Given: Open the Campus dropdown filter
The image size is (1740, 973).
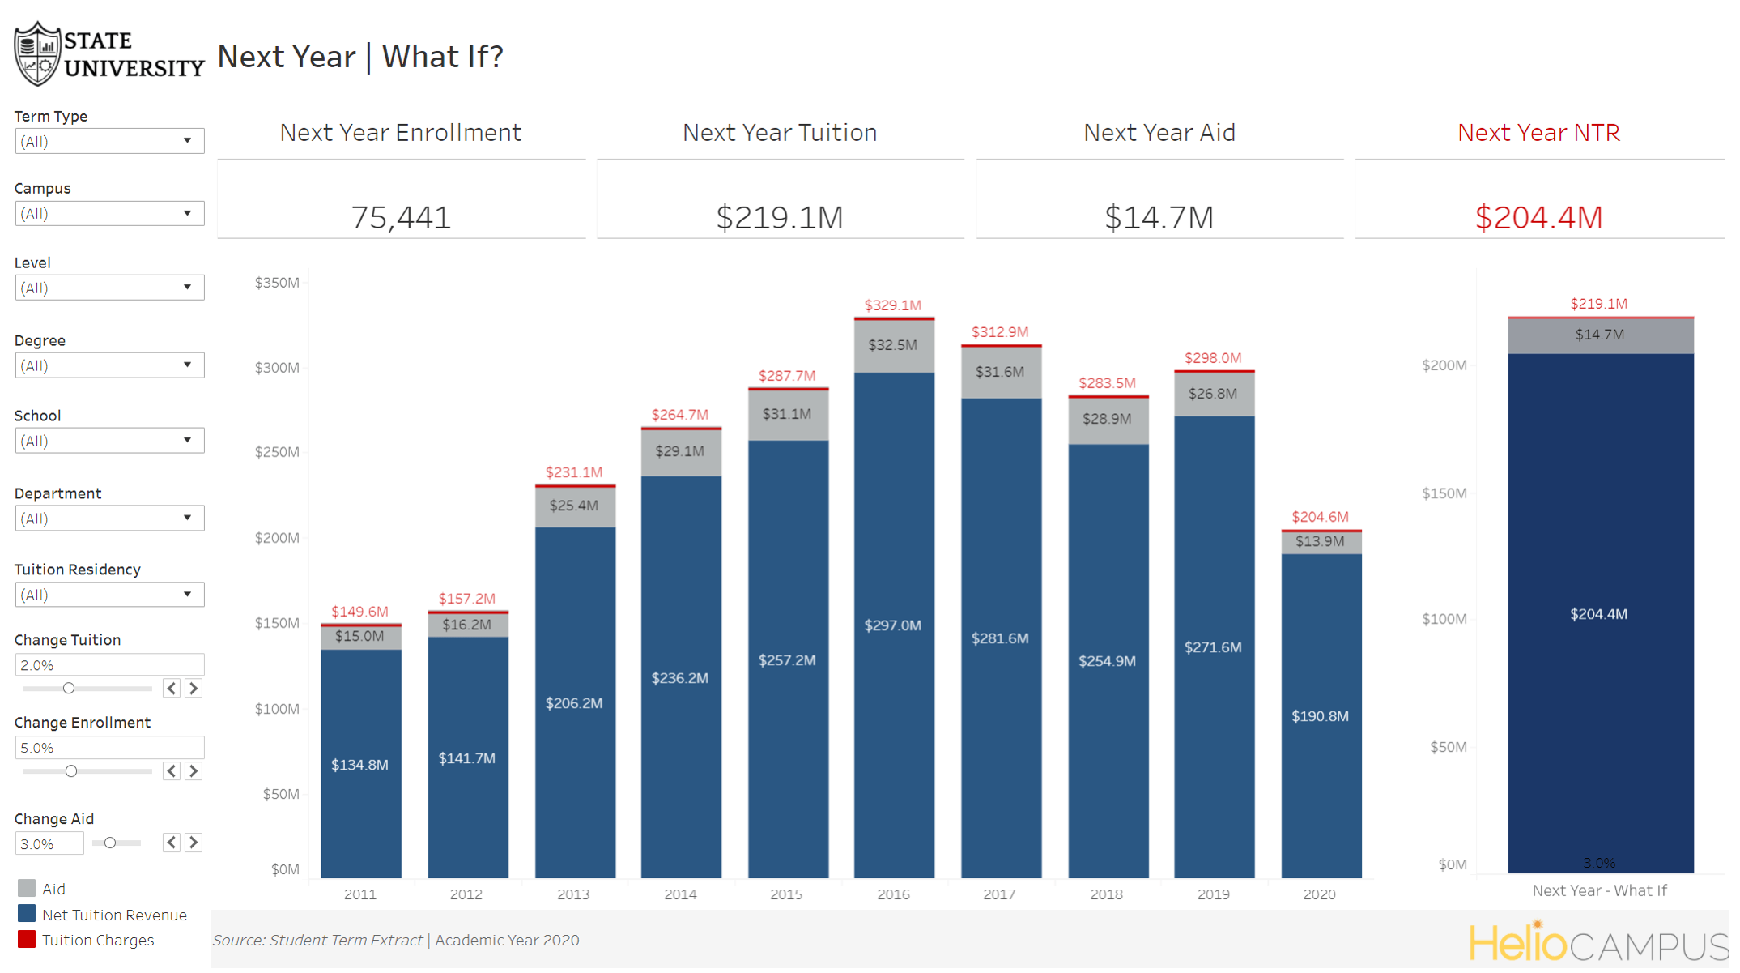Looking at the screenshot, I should click(108, 214).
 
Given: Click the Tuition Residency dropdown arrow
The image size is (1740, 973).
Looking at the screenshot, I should click(187, 595).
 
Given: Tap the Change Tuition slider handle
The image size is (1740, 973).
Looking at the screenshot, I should click(69, 689).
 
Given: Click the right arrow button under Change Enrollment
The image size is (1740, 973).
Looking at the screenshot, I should click(194, 771).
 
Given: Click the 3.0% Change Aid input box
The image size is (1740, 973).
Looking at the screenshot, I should click(49, 844).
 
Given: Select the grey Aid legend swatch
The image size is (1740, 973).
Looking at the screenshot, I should click(27, 889).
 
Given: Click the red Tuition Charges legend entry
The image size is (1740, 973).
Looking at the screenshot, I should click(97, 941).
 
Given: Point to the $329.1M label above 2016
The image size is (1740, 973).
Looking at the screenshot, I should click(892, 305).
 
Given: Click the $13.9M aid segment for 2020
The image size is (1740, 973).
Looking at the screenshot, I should click(1320, 542).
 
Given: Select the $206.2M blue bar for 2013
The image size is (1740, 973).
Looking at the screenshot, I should click(574, 703).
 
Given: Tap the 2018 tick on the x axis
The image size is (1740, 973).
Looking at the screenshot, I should click(1106, 894).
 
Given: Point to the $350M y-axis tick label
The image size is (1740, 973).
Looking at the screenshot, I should click(277, 283).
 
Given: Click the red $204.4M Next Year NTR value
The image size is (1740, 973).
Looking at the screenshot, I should click(1538, 217).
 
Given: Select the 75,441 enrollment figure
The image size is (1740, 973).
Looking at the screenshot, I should click(401, 217).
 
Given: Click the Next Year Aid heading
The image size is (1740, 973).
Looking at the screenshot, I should click(1159, 133).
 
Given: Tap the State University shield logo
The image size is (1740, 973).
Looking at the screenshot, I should click(37, 54).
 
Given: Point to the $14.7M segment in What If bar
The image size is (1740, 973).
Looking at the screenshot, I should click(1599, 335).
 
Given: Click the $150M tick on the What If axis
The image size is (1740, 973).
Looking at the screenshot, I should click(1444, 493).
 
